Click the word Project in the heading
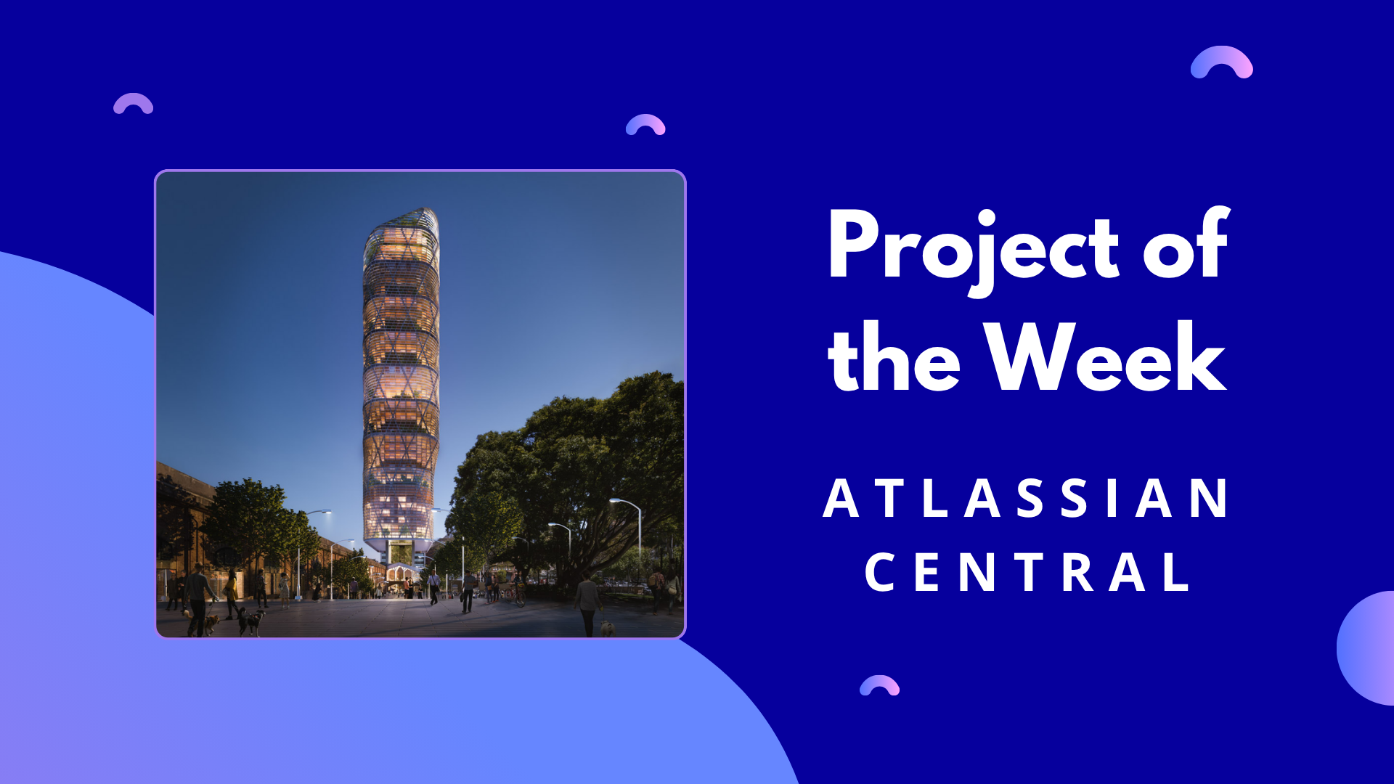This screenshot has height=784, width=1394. pyautogui.click(x=973, y=247)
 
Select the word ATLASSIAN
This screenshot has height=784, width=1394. pyautogui.click(x=1025, y=499)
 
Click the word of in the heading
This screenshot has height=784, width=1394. pyautogui.click(x=1186, y=247)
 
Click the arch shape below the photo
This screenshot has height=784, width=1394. pyautogui.click(x=879, y=685)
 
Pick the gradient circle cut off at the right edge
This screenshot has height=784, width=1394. pyautogui.click(x=1367, y=648)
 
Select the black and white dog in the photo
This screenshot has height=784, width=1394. pyautogui.click(x=251, y=620)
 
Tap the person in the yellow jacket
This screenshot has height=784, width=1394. pyautogui.click(x=231, y=588)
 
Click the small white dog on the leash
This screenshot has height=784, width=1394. pyautogui.click(x=606, y=627)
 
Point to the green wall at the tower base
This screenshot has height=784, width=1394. pyautogui.click(x=400, y=553)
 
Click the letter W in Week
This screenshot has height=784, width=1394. pyautogui.click(x=1030, y=357)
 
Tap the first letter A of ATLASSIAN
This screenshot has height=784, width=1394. pyautogui.click(x=841, y=499)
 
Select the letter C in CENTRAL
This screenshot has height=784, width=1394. pyautogui.click(x=879, y=572)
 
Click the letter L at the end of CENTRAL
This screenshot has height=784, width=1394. pyautogui.click(x=1178, y=572)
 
